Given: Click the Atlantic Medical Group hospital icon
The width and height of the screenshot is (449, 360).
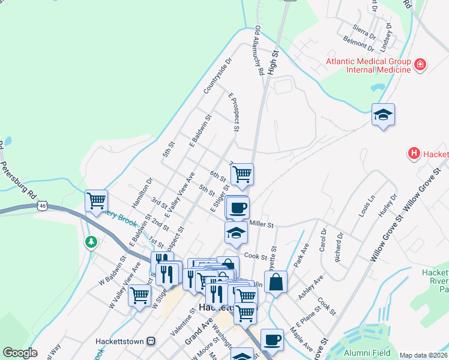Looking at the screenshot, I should click(x=420, y=65).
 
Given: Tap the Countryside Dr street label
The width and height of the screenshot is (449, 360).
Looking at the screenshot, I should click(x=217, y=76).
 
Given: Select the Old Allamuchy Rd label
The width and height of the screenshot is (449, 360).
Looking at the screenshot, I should click(x=259, y=50).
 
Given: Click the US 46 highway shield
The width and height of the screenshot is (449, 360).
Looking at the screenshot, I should click(x=41, y=205).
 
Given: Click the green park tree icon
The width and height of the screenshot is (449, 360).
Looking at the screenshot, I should click(x=91, y=242).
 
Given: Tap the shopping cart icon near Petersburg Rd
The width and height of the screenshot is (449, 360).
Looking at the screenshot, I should click(x=96, y=200).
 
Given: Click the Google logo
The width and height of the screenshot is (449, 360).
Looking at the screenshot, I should click(x=20, y=353).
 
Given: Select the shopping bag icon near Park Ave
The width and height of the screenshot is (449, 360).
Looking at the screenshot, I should click(x=276, y=282).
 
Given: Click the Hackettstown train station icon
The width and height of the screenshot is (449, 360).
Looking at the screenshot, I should click(x=151, y=341).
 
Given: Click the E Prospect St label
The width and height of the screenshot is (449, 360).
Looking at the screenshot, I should click(x=234, y=112).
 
